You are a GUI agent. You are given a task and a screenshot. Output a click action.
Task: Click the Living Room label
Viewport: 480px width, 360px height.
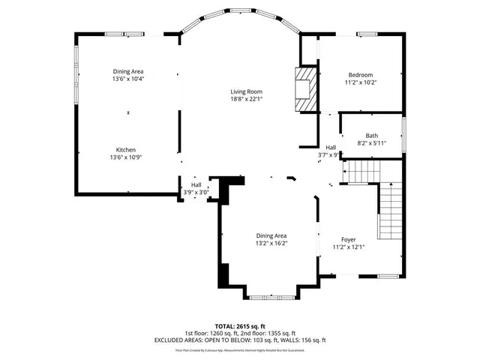click(246, 91)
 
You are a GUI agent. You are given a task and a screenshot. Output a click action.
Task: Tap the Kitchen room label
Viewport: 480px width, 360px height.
click(125, 149)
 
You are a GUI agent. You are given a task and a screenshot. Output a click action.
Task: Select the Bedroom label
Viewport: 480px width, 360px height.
click(361, 75)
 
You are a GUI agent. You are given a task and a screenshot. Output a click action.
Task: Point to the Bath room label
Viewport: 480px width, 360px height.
click(372, 136)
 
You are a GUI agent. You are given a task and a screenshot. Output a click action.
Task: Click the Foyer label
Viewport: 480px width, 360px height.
click(349, 239)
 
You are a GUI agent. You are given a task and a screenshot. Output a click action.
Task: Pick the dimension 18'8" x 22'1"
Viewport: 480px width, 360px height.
click(246, 99)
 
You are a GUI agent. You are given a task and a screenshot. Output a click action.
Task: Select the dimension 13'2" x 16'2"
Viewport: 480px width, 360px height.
click(271, 243)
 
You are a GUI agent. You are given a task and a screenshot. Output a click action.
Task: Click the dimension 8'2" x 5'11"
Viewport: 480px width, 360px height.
click(372, 142)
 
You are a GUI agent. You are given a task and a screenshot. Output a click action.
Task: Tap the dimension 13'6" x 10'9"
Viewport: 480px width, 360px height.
click(125, 157)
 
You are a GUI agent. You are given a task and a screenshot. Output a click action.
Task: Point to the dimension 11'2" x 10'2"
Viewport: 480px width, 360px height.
click(361, 82)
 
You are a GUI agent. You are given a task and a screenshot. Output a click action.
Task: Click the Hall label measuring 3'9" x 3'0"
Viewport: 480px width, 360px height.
click(196, 184)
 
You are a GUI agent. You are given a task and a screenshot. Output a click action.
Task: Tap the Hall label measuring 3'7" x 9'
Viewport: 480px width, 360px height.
click(331, 147)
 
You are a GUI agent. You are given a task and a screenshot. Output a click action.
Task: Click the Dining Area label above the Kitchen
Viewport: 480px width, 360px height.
click(127, 71)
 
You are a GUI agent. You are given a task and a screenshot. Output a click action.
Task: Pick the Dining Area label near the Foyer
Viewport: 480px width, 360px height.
click(271, 235)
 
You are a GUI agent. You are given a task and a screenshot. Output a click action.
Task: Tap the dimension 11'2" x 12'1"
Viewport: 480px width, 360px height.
click(349, 247)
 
